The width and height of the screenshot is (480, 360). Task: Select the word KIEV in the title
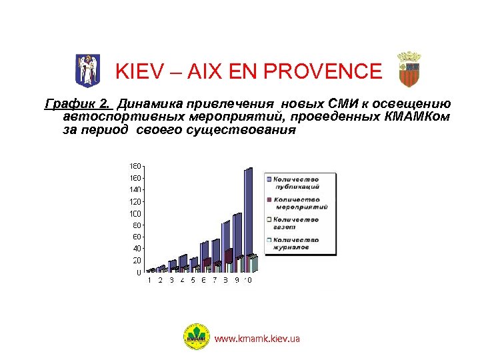pos(137,71)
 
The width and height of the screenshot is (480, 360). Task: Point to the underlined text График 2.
pos(78,104)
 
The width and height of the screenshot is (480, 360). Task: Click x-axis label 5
pos(193,281)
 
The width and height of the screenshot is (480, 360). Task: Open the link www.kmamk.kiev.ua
pos(257,339)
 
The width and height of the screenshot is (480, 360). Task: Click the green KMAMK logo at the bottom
pos(197,337)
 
